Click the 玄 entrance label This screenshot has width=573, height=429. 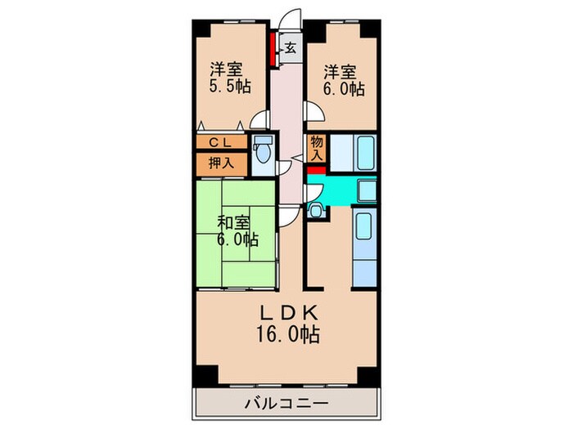tap(291, 48)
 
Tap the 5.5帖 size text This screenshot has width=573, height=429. tap(228, 85)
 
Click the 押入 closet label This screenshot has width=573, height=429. tap(220, 162)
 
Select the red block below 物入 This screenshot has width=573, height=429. tap(317, 169)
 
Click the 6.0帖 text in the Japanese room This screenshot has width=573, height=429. tap(237, 240)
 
